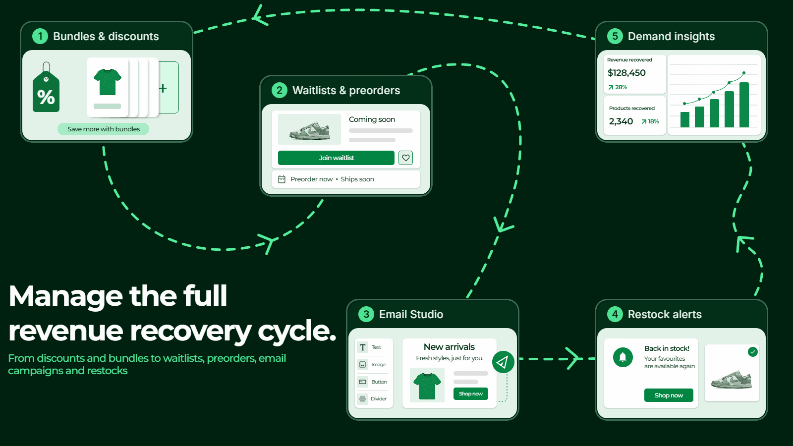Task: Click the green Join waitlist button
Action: [x=336, y=158]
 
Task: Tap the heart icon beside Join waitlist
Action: [x=406, y=158]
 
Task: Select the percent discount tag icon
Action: [x=46, y=87]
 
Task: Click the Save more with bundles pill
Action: [x=104, y=129]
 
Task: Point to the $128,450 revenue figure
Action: [x=626, y=73]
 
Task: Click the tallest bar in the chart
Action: [x=744, y=105]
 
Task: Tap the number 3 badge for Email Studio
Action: [x=366, y=314]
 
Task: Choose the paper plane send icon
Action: [x=503, y=362]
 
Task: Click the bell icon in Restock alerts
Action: [x=623, y=357]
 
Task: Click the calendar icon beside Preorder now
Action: [x=282, y=179]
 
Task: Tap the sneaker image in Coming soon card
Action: [x=309, y=129]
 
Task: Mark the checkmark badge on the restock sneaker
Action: [x=753, y=352]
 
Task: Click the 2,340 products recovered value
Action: [x=621, y=121]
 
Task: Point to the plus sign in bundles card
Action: [x=163, y=88]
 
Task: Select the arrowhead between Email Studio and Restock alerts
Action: [x=573, y=359]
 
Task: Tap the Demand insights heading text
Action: [x=671, y=37]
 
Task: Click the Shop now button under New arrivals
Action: [x=471, y=393]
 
